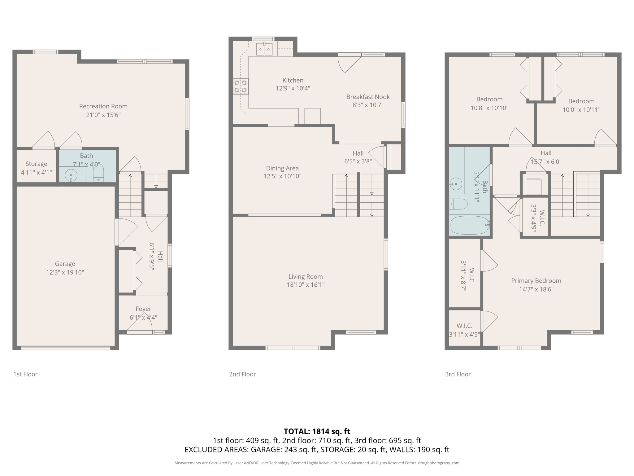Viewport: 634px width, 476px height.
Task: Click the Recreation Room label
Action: (103, 106)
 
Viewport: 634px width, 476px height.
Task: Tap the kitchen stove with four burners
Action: (241, 86)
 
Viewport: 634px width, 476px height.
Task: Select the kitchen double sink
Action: (264, 49)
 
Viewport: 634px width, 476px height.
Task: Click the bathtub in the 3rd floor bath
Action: (469, 225)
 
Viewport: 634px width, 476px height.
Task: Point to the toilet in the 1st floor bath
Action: (98, 174)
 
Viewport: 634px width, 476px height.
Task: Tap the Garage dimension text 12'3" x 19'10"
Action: (65, 272)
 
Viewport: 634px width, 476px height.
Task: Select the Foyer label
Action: (143, 309)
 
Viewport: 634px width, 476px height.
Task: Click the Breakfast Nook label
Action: (368, 97)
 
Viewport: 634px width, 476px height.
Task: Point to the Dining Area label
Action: (282, 168)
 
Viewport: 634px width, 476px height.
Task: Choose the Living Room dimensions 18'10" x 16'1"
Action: (306, 285)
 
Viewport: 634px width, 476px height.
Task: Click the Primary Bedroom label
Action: (536, 281)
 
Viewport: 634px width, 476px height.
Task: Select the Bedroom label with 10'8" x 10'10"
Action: (489, 99)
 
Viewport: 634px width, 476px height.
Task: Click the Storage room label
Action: (36, 164)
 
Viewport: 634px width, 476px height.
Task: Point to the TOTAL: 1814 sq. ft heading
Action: (317, 431)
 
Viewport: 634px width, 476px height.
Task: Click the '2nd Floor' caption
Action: (242, 374)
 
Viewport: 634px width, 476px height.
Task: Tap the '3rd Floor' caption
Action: (458, 374)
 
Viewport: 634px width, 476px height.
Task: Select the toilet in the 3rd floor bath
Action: (459, 204)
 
